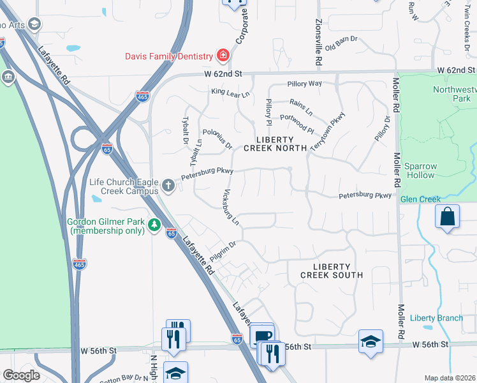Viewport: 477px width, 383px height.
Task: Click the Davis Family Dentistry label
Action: pos(169,55)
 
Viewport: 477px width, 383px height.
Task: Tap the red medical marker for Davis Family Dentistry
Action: pos(223,55)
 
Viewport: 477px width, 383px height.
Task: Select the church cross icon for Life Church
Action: pos(168,186)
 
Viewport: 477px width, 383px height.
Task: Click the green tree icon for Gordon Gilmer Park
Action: pos(154,225)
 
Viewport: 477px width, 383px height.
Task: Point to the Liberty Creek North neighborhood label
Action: pos(275,144)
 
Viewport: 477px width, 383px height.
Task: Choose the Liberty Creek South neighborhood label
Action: pos(332,271)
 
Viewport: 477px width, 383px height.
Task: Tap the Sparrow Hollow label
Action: pos(421,170)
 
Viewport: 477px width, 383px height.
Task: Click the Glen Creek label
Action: pos(420,199)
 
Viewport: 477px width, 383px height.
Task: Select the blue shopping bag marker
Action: pos(447,216)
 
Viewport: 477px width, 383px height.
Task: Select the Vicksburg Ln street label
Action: pos(231,207)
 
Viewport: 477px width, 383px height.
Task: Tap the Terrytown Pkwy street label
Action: pos(327,131)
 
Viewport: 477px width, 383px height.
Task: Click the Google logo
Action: pos(21,375)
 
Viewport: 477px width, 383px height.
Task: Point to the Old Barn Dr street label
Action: pos(341,44)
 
